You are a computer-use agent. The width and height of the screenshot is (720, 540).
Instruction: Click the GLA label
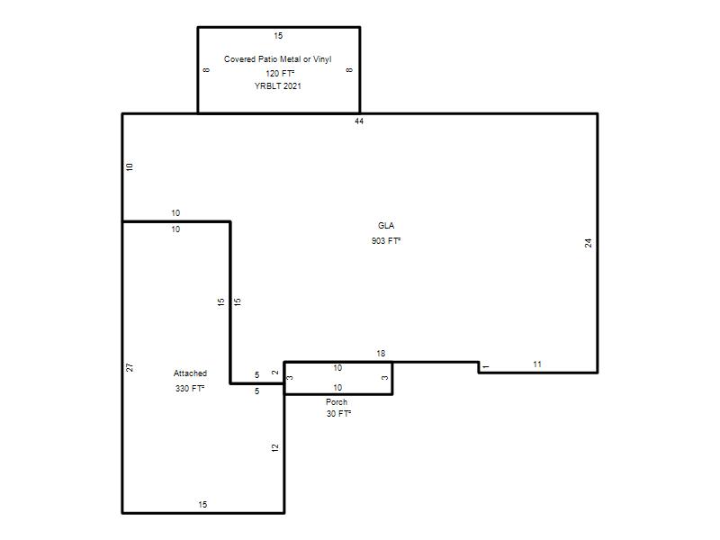point(386,226)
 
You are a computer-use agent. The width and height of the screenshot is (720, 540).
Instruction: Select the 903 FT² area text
point(386,240)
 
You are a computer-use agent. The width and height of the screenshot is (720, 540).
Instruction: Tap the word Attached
point(190,373)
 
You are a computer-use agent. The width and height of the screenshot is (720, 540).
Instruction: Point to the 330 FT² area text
point(190,389)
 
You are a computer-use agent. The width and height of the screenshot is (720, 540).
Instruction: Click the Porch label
point(337,401)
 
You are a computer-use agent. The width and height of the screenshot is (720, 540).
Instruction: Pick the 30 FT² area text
point(338,414)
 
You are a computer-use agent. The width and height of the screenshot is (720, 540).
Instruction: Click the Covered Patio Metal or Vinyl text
point(277,59)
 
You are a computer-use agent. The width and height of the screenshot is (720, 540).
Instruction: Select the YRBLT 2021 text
point(278,85)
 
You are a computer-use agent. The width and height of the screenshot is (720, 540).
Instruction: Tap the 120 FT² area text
point(280,74)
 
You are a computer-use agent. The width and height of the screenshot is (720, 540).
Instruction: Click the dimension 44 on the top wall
point(359,121)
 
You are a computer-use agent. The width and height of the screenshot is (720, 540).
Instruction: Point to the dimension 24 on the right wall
point(589,243)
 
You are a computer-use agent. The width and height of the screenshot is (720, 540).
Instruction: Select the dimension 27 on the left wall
point(130,367)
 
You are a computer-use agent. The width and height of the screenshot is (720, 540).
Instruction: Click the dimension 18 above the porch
point(381,354)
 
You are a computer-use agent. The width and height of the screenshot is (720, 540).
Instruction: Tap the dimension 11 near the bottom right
point(537,364)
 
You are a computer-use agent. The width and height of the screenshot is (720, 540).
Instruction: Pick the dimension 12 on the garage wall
point(275,447)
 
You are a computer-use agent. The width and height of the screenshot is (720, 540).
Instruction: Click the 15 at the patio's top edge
point(278,36)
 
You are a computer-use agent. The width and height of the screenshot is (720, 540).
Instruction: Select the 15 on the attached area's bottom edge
point(202,505)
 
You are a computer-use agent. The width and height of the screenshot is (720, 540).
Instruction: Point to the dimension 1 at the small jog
point(486,366)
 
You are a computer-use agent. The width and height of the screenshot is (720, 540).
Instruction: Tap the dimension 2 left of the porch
point(275,373)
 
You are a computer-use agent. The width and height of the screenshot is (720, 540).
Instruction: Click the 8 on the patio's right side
point(349,70)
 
